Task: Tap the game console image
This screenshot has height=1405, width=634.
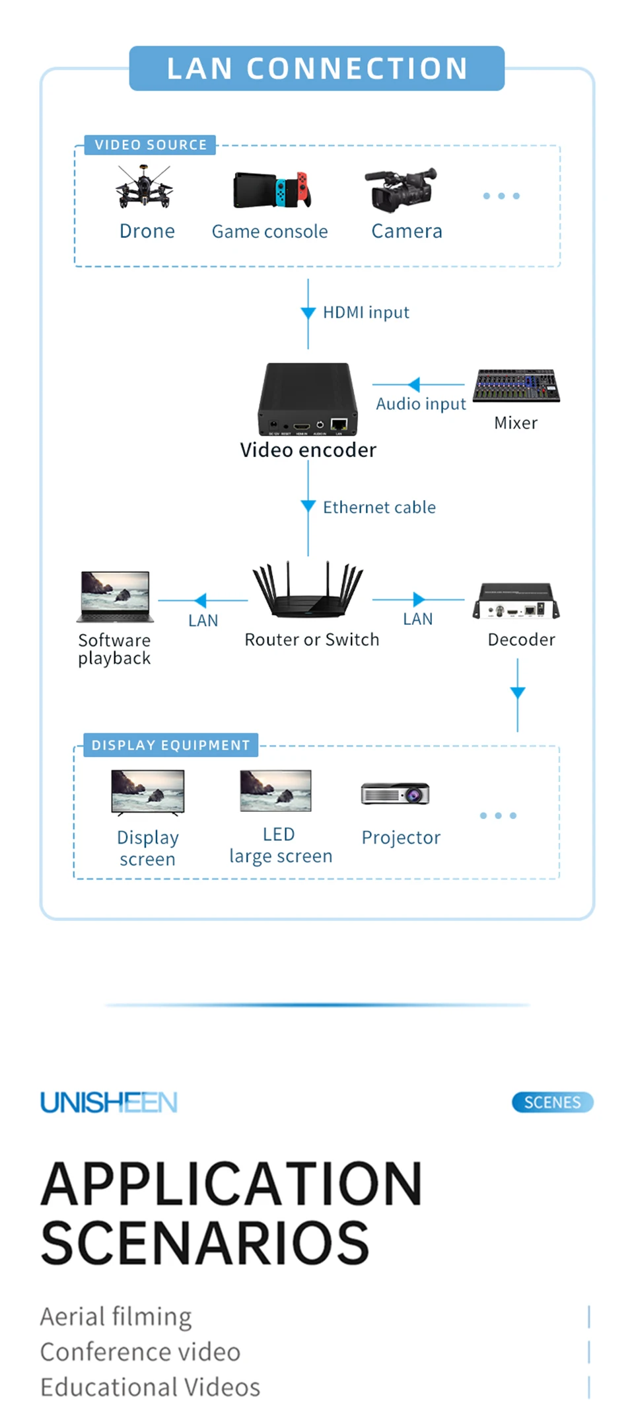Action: [x=271, y=190]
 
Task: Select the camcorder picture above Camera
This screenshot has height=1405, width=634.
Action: [x=402, y=189]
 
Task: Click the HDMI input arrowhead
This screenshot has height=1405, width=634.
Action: [x=308, y=312]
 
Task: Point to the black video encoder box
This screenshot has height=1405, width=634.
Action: [x=308, y=398]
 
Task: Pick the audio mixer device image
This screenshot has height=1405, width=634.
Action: [x=516, y=386]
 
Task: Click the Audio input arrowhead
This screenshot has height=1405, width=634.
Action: [x=414, y=384]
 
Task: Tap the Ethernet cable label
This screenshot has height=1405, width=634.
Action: [x=379, y=507]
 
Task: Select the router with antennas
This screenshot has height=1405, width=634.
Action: [x=308, y=590]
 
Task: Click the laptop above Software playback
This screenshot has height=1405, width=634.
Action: [x=116, y=596]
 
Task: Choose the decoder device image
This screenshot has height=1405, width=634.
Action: [x=516, y=600]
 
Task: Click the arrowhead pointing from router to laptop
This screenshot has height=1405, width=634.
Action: [x=201, y=600]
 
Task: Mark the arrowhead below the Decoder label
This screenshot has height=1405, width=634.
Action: [x=518, y=692]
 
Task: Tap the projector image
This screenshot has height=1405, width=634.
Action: [x=396, y=793]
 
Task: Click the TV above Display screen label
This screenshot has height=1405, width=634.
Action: [x=148, y=791]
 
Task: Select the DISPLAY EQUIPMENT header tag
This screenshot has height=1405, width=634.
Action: [x=170, y=745]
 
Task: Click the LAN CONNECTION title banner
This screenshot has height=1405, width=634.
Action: [x=317, y=69]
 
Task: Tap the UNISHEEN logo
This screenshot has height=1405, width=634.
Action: [x=109, y=1102]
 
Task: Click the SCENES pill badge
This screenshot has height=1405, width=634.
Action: [x=553, y=1102]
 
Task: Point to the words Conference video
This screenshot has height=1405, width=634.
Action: [x=140, y=1352]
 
